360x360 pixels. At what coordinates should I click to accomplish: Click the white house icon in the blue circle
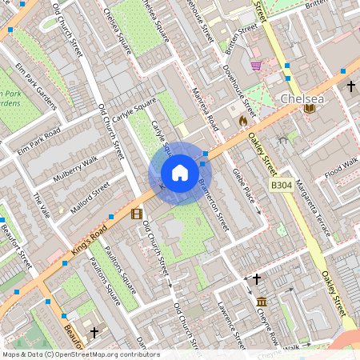coord(180,173)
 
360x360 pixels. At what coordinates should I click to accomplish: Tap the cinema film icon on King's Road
coord(137,214)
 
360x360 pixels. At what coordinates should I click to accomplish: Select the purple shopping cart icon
coord(256,66)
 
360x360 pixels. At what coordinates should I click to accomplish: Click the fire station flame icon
coord(243,120)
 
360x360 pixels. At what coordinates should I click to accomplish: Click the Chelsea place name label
coord(302,99)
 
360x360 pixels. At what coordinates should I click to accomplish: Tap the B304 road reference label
coord(281,186)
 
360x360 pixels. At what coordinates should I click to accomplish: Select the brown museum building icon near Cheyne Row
coord(262,302)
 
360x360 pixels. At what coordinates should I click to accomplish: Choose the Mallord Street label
coord(89,196)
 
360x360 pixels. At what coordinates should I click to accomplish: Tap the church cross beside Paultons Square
coord(94,331)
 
